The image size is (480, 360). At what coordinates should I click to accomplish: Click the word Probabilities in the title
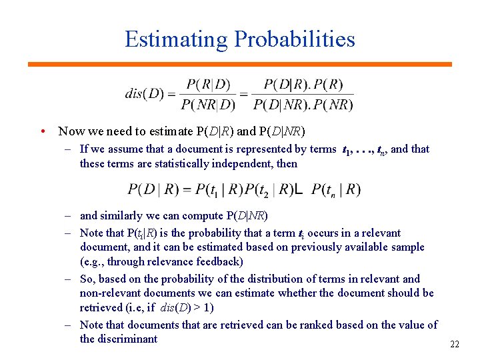(x=294, y=39)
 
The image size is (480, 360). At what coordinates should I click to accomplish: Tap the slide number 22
(x=455, y=345)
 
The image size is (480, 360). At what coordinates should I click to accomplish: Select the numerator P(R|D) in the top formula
(x=208, y=85)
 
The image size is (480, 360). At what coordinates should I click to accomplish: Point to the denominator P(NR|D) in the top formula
(x=208, y=104)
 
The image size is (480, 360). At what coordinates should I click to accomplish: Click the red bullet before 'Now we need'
(x=42, y=131)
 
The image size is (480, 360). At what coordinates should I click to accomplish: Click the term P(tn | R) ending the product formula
(x=336, y=190)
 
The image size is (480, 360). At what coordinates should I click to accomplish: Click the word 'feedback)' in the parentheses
(x=221, y=261)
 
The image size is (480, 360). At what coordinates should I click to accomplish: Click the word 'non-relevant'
(x=111, y=293)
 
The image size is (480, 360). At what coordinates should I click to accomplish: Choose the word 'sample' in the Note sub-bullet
(x=407, y=247)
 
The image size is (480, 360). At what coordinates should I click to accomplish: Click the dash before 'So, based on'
(x=69, y=279)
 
